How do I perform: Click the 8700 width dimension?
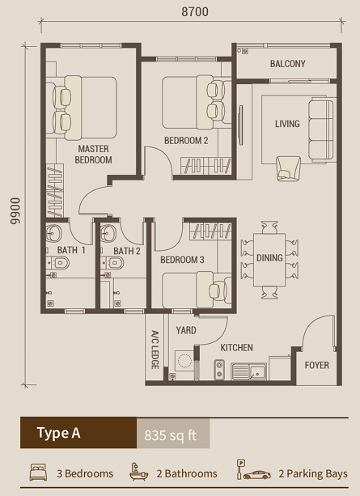(x=195, y=12)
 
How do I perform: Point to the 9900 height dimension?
(x=15, y=211)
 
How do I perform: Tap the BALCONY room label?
(x=287, y=64)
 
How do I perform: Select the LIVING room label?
(x=287, y=124)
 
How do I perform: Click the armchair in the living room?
(x=288, y=168)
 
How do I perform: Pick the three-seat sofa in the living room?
(x=321, y=130)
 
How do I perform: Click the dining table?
(x=269, y=260)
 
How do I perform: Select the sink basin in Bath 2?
(x=108, y=234)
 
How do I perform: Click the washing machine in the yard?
(x=184, y=361)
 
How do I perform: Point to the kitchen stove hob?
(x=219, y=370)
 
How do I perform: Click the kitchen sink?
(x=249, y=371)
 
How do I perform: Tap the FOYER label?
(x=316, y=366)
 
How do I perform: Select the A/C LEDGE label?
(x=155, y=350)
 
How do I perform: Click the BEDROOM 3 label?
(x=182, y=260)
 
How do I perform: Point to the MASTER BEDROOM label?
(x=93, y=155)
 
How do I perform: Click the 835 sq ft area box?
(x=173, y=434)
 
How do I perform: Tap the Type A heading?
(x=59, y=433)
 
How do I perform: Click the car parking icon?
(x=254, y=470)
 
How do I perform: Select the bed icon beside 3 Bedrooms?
(x=38, y=473)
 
